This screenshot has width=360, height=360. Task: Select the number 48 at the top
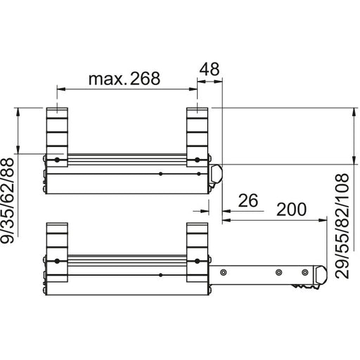[x=210, y=69]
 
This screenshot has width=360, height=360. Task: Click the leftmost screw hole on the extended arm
[x=224, y=272]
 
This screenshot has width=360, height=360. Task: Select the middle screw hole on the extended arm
[x=278, y=272]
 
